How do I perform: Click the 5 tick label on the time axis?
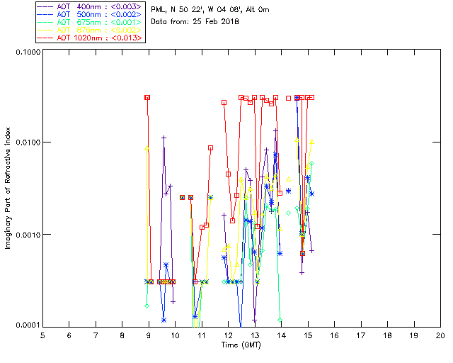[x=42, y=335]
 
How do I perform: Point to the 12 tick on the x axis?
[x=228, y=335]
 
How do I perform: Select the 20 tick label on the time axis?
[x=440, y=335]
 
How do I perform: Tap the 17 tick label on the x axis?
[x=361, y=335]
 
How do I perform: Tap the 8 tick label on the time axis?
[x=122, y=335]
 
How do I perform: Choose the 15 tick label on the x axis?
[x=308, y=335]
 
